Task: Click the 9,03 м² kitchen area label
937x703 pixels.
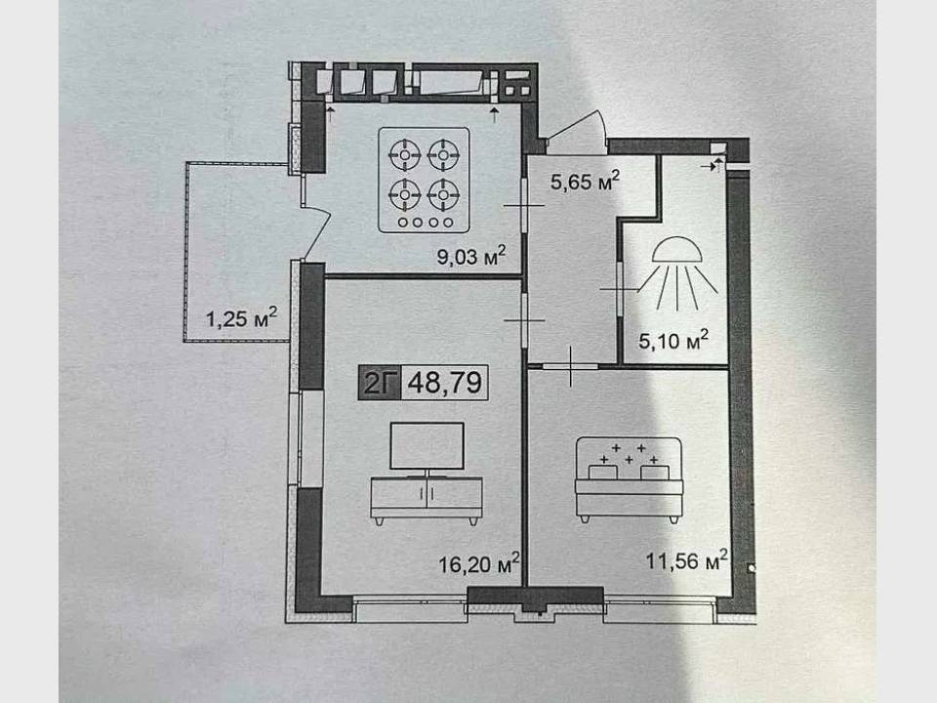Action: coord(471,256)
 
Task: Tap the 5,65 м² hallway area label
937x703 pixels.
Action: coord(585,181)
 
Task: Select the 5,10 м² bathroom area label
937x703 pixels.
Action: coord(673,340)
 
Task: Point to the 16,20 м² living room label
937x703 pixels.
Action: coord(478,563)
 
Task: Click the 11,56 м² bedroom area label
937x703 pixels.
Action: coord(686,560)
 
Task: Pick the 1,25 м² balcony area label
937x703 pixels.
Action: coord(241,317)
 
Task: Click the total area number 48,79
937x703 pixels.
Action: coord(445,382)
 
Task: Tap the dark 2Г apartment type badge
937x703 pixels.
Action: coord(380,382)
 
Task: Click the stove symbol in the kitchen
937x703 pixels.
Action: coord(424,180)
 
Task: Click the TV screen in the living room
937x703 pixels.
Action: coord(427,446)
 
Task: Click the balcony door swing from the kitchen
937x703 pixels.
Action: coord(316,231)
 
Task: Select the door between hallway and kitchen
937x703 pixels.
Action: coord(523,205)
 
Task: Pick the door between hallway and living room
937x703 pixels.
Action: coord(524,320)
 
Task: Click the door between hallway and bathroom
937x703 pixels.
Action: coord(620,289)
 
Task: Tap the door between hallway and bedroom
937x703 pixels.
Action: coord(571,366)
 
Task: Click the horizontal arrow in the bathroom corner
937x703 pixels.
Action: coord(709,167)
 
